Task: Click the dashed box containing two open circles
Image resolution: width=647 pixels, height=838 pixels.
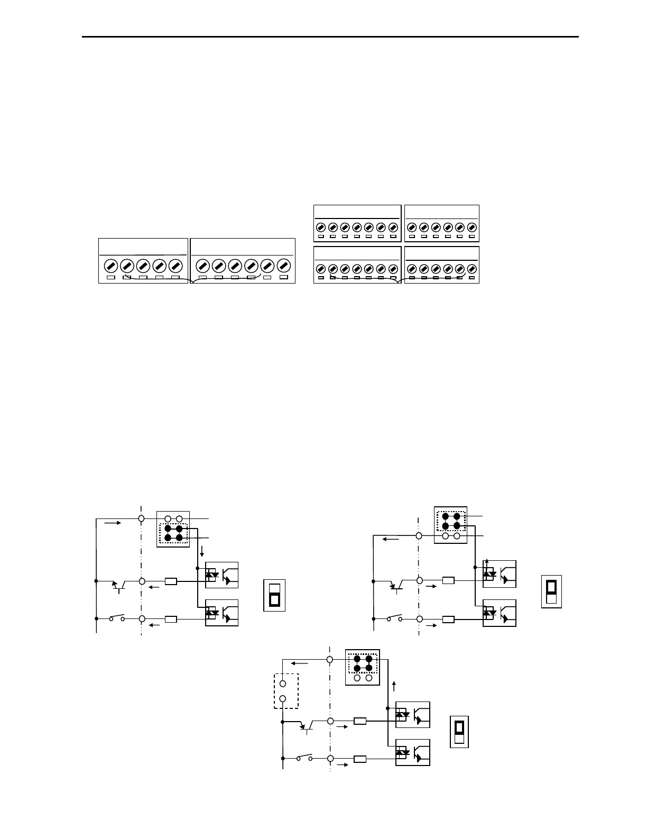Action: click(x=286, y=690)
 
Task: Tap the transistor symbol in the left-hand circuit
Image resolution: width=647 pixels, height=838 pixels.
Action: click(x=119, y=585)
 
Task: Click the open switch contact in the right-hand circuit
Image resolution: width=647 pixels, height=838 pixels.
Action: click(x=394, y=618)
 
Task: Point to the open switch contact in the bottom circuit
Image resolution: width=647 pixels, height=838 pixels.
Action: click(x=304, y=758)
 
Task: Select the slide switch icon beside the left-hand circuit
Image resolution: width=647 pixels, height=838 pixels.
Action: click(x=274, y=595)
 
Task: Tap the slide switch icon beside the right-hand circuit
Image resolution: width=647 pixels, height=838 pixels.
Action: click(x=551, y=591)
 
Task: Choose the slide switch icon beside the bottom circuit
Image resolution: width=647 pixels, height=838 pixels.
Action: click(x=459, y=732)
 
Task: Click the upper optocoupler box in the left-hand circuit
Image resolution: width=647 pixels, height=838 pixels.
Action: click(x=222, y=575)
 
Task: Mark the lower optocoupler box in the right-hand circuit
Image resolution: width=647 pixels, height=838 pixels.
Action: click(x=500, y=613)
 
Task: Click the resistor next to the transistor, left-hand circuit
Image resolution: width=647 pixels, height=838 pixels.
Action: click(x=171, y=581)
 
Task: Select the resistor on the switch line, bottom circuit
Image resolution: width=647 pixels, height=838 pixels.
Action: click(x=360, y=759)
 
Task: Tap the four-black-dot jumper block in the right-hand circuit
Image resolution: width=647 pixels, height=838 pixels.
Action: click(x=451, y=521)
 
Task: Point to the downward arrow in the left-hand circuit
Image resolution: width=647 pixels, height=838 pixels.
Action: click(x=202, y=553)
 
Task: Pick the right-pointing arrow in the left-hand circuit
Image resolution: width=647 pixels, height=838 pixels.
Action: click(x=113, y=523)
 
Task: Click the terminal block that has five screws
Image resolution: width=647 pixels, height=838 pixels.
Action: click(x=143, y=261)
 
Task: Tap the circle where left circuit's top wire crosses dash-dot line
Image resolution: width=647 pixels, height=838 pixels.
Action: click(x=141, y=518)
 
